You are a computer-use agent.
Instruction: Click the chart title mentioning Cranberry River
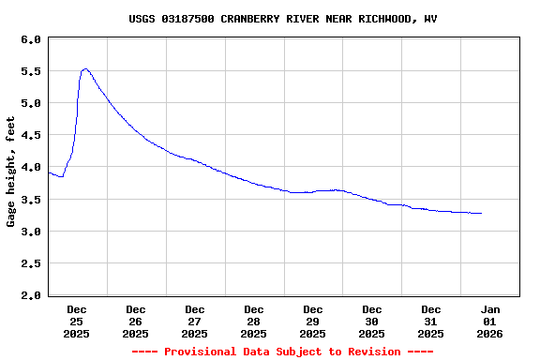click(282, 19)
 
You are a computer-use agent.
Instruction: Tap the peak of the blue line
click(85, 68)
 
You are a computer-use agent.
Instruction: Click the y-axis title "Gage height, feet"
click(11, 172)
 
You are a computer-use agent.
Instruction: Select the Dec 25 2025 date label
click(77, 321)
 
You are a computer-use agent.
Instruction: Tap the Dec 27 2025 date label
click(195, 321)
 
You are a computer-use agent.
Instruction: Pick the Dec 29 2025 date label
click(313, 321)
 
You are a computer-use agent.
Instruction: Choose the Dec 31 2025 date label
click(431, 321)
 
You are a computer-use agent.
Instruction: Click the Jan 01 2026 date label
click(490, 321)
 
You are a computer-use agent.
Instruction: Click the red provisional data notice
click(282, 352)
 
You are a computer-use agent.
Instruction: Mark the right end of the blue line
click(481, 214)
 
